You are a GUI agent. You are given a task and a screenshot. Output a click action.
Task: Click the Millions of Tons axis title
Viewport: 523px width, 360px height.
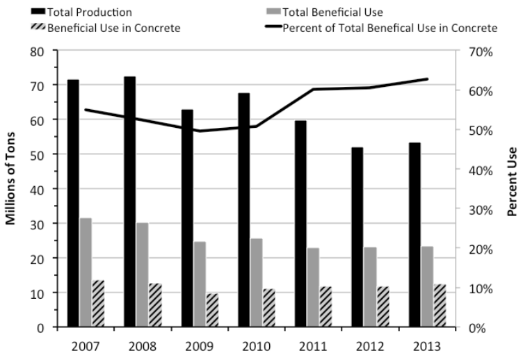pyautogui.click(x=11, y=189)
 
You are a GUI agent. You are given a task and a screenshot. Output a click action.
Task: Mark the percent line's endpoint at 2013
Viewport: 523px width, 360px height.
pyautogui.click(x=427, y=79)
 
